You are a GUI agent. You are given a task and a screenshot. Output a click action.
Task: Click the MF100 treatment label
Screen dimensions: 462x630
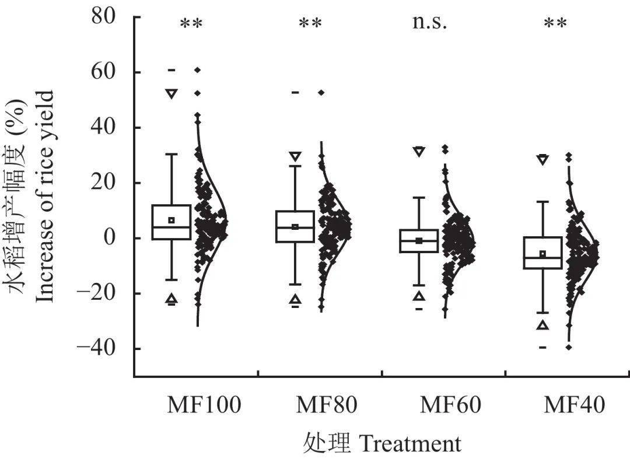tap(204, 405)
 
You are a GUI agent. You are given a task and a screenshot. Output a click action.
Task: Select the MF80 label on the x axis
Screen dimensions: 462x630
tap(327, 405)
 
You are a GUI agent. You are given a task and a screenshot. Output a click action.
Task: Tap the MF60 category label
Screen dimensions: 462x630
tap(450, 405)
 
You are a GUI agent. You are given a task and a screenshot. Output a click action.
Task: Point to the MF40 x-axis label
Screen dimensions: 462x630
tap(574, 405)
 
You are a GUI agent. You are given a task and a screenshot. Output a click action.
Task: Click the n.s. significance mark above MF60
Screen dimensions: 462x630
tap(430, 23)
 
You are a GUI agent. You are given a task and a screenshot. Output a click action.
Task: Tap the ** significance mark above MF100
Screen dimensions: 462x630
tap(191, 25)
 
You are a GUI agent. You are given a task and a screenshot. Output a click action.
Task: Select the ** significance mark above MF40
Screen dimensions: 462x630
tap(555, 25)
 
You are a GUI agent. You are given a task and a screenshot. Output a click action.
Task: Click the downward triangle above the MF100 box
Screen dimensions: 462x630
tap(171, 93)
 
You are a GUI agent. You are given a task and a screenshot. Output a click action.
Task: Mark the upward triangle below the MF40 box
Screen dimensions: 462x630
tap(542, 325)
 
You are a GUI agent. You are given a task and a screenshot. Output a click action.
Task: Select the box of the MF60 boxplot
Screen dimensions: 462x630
tap(419, 240)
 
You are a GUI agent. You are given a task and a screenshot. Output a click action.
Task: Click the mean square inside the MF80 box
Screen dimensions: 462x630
tap(295, 227)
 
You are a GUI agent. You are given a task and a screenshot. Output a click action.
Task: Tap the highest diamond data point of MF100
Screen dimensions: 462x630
tap(198, 70)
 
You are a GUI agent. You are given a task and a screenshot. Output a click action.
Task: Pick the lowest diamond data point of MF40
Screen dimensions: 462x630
tap(569, 347)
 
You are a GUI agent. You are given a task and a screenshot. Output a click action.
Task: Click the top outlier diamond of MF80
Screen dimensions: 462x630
tap(321, 92)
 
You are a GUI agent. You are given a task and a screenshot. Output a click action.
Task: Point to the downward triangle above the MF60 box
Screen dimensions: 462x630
tap(419, 151)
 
